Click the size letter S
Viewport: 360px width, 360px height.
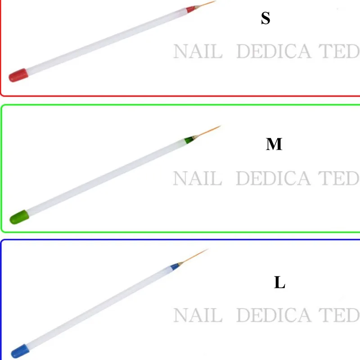(x=265, y=19)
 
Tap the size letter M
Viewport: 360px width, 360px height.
(x=274, y=144)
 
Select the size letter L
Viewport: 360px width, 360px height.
(x=279, y=283)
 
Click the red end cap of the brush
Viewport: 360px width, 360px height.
(x=18, y=75)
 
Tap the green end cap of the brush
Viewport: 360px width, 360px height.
(x=20, y=217)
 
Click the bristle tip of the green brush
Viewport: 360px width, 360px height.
(x=219, y=126)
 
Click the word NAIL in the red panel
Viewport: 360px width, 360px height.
(x=198, y=52)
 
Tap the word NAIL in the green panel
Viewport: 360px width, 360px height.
(x=198, y=179)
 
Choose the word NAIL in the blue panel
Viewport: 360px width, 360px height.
(x=198, y=315)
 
